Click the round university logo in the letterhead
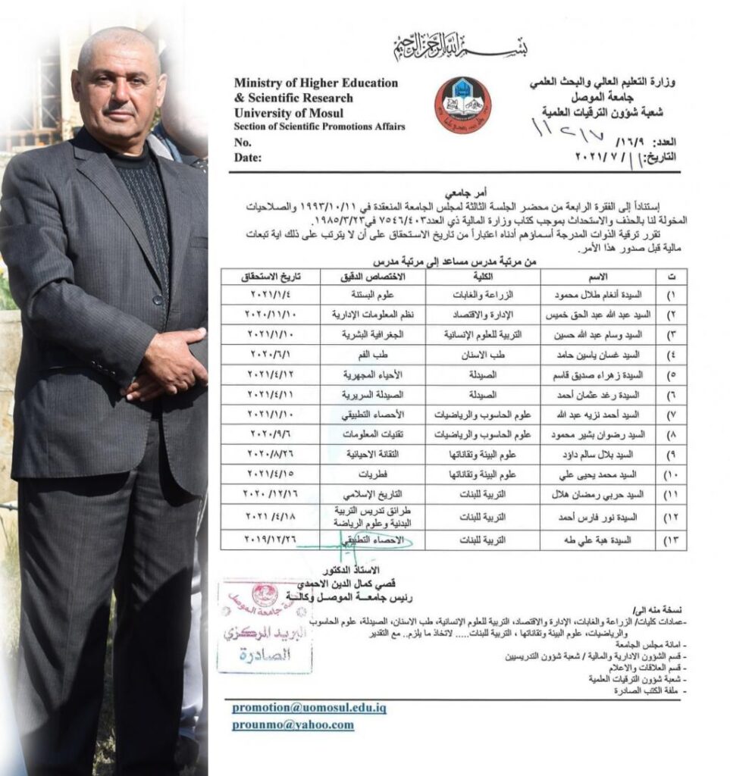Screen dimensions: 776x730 pyautogui.click(x=462, y=105)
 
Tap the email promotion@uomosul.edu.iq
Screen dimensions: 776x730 pyautogui.click(x=309, y=708)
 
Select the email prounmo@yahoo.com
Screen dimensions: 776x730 pyautogui.click(x=293, y=724)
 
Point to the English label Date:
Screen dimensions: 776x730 pyautogui.click(x=248, y=158)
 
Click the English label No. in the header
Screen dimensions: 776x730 pyautogui.click(x=243, y=142)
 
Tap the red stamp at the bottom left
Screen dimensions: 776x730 pyautogui.click(x=264, y=626)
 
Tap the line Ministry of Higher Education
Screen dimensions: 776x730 pyautogui.click(x=315, y=83)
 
